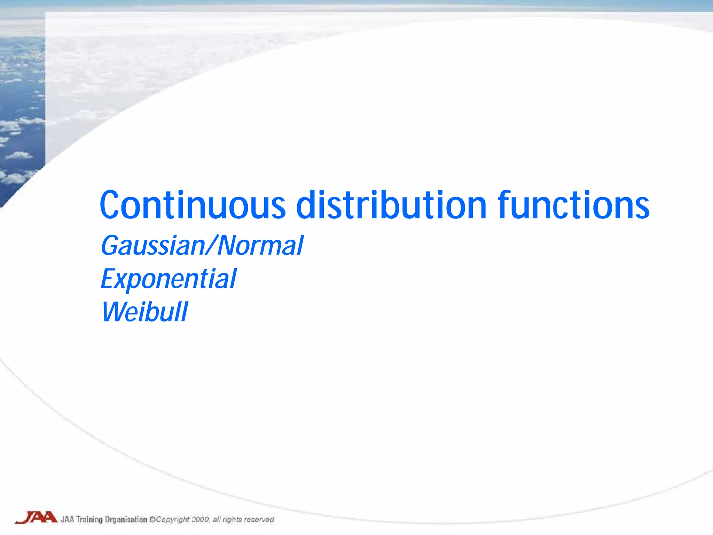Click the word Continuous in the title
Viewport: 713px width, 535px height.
[x=193, y=206]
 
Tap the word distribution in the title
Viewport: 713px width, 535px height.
[x=391, y=206]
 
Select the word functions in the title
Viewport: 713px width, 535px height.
[x=573, y=206]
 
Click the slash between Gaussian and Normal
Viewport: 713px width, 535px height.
[x=211, y=246]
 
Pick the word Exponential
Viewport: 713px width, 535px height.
[x=169, y=279]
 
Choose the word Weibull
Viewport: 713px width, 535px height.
[x=144, y=312]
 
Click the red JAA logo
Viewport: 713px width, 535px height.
[x=36, y=517]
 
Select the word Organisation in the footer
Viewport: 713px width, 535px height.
[x=126, y=520]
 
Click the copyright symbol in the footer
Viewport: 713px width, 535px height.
[x=152, y=520]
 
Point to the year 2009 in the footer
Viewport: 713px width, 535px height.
[x=201, y=520]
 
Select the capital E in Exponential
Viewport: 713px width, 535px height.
[x=108, y=279]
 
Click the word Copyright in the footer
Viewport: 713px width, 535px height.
[x=173, y=520]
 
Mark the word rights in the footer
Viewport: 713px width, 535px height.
[x=232, y=520]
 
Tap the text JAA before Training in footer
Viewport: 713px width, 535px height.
[x=68, y=520]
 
